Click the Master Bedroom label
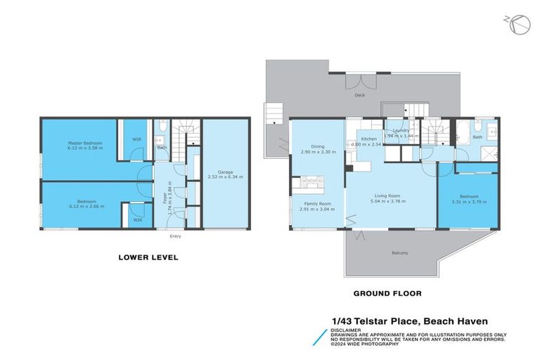point(85,143)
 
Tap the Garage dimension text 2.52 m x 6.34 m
point(225,177)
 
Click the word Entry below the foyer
point(175,236)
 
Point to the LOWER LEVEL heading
point(148,257)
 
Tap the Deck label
point(359,94)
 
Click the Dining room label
point(310,146)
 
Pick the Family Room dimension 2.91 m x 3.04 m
point(315,210)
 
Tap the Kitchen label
point(369,139)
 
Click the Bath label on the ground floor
point(477,137)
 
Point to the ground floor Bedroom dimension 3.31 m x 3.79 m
point(469,202)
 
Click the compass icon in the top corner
point(518,24)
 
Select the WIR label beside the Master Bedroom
point(136,139)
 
